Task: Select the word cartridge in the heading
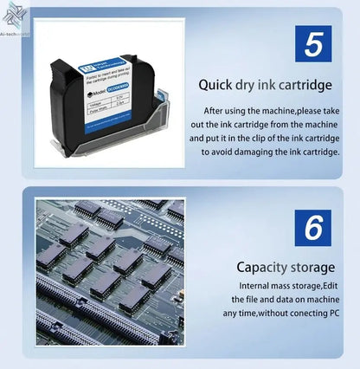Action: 305,85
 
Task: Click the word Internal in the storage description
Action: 260,285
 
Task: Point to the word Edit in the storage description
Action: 333,285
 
